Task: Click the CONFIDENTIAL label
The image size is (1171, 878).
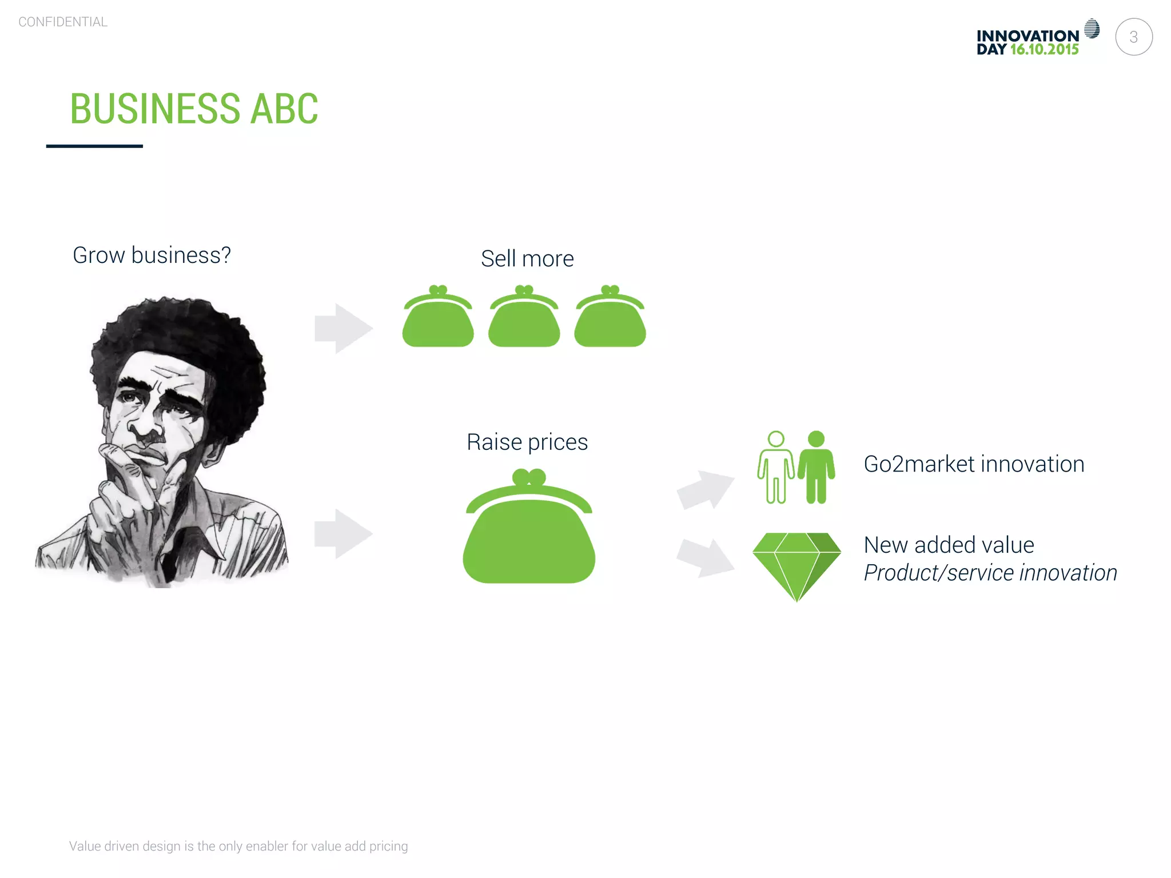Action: tap(63, 22)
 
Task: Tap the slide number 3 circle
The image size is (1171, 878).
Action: tap(1133, 37)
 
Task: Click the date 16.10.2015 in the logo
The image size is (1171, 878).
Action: tap(1044, 50)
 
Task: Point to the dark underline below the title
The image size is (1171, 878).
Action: tap(94, 146)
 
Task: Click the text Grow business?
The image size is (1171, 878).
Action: tap(152, 255)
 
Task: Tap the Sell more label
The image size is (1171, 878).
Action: tap(527, 259)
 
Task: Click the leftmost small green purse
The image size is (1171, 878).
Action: tap(438, 319)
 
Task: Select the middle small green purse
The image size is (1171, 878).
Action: tap(524, 319)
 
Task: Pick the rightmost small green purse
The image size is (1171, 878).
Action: tap(610, 319)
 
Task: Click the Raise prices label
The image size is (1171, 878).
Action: tap(527, 442)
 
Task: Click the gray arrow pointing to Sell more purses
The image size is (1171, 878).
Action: tap(343, 328)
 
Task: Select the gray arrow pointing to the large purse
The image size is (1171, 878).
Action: tap(343, 533)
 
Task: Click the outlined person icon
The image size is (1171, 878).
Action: tap(775, 468)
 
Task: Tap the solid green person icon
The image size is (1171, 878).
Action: tap(816, 468)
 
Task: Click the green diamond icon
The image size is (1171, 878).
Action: tap(796, 563)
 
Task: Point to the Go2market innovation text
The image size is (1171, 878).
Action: tap(974, 464)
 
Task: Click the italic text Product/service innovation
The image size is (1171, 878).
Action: tap(990, 573)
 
